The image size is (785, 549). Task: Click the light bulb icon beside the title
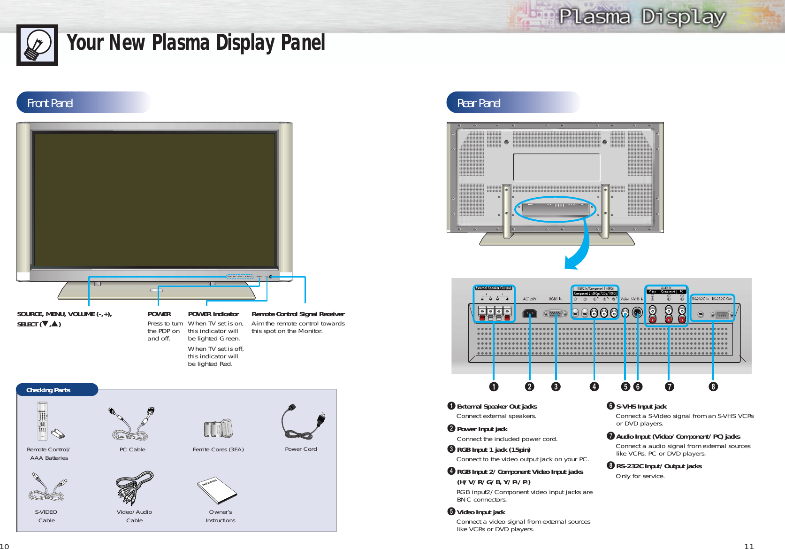pos(37,45)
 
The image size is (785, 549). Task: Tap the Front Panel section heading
pos(50,103)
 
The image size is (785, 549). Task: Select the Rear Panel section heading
pos(479,103)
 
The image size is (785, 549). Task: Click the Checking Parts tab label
pos(48,390)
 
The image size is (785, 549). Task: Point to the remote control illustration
pos(43,421)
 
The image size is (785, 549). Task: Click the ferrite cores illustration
pos(219,428)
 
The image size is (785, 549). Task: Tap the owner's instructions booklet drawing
pos(217,490)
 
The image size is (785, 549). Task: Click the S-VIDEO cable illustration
pos(47,488)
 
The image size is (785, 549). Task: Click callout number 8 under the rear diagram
pos(713,387)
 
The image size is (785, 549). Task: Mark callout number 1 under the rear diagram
pos(494,387)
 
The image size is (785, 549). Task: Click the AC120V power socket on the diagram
pos(530,313)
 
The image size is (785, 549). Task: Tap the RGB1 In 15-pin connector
pos(556,313)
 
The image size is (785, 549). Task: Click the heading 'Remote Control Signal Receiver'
pos(298,314)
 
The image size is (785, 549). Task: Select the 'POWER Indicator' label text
pos(213,314)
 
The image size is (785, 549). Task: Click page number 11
pos(749,546)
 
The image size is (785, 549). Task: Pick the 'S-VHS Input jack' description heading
pos(641,407)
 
